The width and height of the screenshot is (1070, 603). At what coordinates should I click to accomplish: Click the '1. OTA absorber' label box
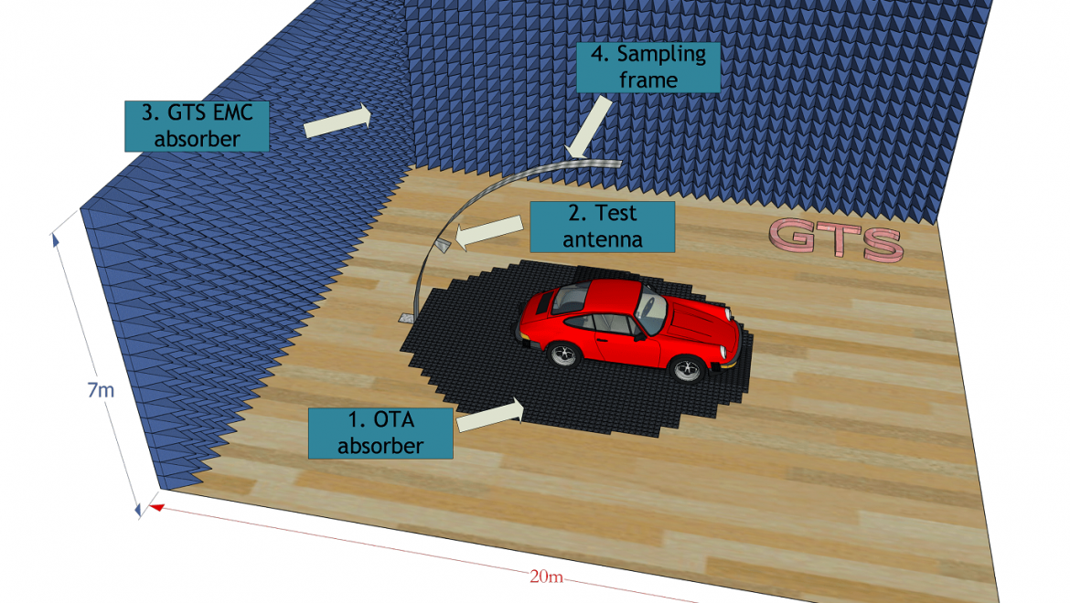pos(380,433)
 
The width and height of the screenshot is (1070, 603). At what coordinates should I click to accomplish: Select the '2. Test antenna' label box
pos(602,227)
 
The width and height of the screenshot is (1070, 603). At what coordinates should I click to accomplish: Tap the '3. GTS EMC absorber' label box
pos(197,126)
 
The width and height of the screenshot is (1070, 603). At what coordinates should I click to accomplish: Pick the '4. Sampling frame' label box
pos(648,67)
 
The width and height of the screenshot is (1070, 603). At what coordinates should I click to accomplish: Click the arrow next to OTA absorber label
pos(490,415)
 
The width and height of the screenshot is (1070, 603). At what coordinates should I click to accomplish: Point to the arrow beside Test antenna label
pos(488,232)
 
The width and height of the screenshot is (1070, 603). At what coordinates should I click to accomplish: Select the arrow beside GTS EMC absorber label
pos(337,121)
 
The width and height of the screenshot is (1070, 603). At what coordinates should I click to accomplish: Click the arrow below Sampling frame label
pos(588,127)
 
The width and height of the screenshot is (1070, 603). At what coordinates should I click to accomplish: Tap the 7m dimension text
pos(101,390)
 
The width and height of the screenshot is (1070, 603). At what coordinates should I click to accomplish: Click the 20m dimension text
pos(546,577)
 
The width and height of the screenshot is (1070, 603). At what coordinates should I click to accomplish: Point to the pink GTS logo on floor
pos(837,240)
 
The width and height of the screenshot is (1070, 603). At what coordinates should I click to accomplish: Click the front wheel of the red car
pos(687,368)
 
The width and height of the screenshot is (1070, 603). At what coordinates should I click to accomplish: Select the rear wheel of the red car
pos(564,354)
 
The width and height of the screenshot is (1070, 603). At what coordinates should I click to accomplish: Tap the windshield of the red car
pos(651,312)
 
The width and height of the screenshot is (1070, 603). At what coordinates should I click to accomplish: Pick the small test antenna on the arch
pos(443,245)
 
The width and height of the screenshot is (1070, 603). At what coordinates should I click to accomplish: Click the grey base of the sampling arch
pos(407,317)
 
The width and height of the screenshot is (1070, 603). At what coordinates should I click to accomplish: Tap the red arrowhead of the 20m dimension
pos(157,507)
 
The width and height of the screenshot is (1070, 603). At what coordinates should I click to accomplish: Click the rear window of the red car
pos(571,298)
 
